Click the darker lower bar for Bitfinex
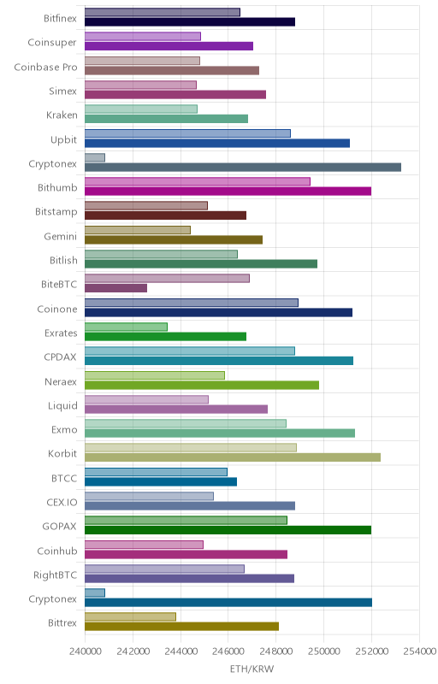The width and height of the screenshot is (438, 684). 190,22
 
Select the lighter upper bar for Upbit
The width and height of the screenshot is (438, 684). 187,133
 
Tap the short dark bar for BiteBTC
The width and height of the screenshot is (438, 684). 115,288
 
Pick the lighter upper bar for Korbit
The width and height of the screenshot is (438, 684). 191,447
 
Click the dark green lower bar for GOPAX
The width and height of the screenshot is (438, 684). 228,530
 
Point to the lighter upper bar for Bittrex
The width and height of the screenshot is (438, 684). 130,616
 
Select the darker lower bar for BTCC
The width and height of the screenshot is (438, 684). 161,481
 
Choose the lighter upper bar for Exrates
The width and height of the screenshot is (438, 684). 126,327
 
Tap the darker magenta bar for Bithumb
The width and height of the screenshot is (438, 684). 228,191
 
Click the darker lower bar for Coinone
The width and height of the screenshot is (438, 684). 218,312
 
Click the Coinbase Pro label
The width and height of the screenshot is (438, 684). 45,68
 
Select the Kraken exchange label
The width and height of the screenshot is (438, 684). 62,115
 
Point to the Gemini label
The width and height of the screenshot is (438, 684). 60,237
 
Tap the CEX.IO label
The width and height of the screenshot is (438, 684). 62,503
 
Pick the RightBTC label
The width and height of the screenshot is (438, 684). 55,575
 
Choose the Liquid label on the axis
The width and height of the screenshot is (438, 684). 62,406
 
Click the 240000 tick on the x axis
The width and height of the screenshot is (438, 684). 85,652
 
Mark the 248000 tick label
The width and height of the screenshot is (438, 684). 275,652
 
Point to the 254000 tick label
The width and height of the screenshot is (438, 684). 421,652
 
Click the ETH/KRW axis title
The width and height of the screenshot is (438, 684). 252,669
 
